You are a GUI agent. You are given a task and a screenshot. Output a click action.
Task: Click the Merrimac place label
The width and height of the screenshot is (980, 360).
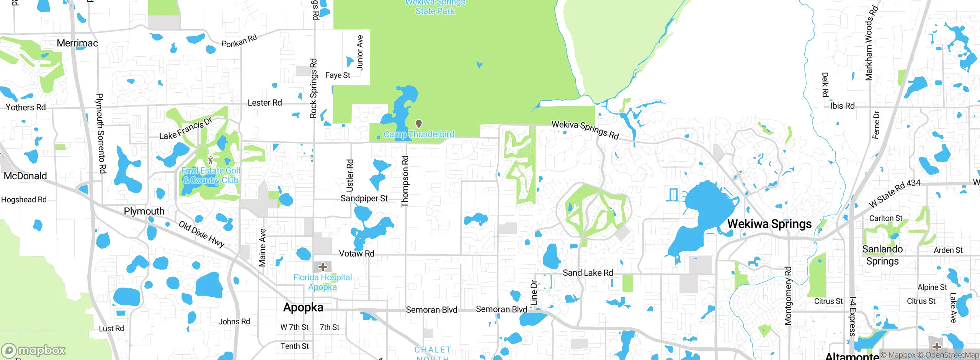(77, 43)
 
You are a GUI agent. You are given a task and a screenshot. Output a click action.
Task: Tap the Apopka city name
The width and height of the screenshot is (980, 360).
(303, 308)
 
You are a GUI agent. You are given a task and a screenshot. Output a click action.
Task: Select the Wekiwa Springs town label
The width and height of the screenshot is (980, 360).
(769, 224)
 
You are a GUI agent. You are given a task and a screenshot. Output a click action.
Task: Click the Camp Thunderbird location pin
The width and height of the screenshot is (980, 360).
(419, 124)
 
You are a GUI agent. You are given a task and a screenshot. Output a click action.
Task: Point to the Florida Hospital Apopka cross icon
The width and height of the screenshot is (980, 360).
(323, 267)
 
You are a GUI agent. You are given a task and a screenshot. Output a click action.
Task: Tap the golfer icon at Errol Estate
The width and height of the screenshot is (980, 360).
(210, 160)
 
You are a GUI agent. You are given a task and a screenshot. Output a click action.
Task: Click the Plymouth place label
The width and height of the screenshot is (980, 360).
(144, 211)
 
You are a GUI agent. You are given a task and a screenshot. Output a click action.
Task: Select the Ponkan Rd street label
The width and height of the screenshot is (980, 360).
(239, 41)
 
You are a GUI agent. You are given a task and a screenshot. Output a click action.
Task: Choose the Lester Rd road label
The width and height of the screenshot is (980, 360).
(265, 103)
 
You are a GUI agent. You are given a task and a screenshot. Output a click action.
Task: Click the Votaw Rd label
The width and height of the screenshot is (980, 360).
(356, 254)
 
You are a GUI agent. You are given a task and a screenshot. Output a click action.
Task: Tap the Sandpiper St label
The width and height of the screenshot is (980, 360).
(364, 198)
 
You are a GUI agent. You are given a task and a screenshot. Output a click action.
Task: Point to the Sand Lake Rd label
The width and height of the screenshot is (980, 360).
(588, 273)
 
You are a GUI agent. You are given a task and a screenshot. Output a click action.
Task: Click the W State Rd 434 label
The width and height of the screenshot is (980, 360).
(894, 193)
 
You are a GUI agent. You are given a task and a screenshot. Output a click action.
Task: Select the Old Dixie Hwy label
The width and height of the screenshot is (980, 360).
(202, 234)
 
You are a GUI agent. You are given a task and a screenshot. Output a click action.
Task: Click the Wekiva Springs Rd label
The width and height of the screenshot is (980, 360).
(585, 129)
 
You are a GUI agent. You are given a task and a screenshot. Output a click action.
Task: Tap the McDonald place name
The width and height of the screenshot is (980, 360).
(25, 176)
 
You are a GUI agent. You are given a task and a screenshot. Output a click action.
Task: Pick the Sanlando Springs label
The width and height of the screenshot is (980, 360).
(882, 255)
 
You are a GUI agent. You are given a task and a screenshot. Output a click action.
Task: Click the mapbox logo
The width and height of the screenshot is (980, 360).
(33, 350)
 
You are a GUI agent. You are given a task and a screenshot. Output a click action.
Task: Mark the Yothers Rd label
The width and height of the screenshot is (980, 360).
(26, 107)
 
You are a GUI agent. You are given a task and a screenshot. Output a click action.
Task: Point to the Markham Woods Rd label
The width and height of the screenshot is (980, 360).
(871, 43)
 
